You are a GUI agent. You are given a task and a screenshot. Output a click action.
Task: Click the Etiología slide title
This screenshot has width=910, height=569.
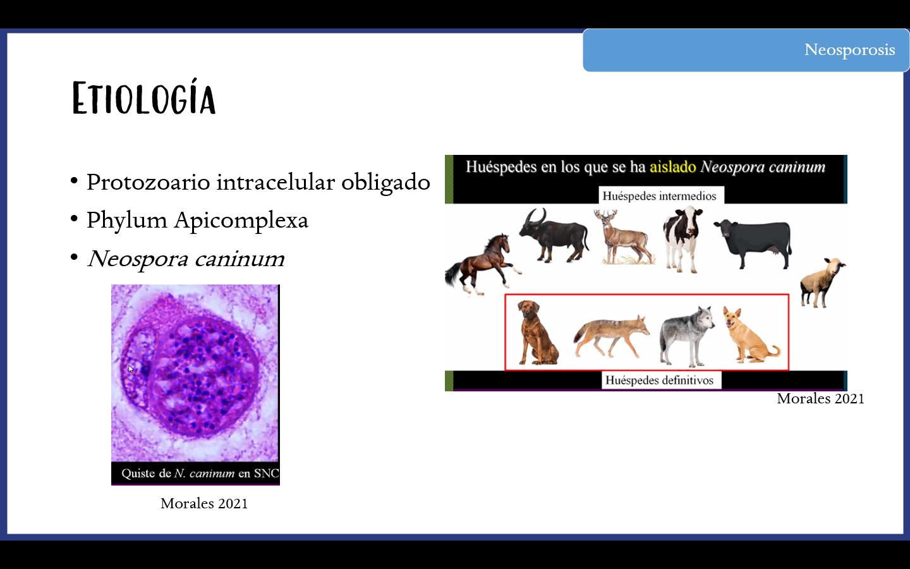144,97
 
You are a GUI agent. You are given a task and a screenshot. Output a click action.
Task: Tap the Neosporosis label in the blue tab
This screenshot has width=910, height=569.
849,50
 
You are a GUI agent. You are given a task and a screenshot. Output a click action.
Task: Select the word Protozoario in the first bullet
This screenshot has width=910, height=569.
148,182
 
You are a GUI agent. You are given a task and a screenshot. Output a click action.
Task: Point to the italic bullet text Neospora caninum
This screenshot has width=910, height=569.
186,259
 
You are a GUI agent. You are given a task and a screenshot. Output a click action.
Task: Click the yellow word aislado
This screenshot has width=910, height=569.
673,167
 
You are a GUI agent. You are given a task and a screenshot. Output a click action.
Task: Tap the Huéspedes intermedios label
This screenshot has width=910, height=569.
659,196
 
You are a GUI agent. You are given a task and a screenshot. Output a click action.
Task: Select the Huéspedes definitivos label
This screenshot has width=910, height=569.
659,381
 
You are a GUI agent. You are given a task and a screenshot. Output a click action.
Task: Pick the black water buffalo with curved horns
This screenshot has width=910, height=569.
554,236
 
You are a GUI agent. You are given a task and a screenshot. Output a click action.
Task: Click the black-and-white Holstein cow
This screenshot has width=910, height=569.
683,239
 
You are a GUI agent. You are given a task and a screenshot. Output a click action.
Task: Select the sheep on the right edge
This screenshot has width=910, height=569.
822,282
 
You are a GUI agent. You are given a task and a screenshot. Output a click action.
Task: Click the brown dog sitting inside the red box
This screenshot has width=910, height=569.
537,333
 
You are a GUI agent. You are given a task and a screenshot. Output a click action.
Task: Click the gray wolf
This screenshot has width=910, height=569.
686,336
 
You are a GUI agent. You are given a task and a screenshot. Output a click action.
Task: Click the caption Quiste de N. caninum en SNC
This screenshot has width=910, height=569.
200,474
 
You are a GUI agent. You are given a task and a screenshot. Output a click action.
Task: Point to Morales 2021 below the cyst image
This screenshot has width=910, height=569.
204,503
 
